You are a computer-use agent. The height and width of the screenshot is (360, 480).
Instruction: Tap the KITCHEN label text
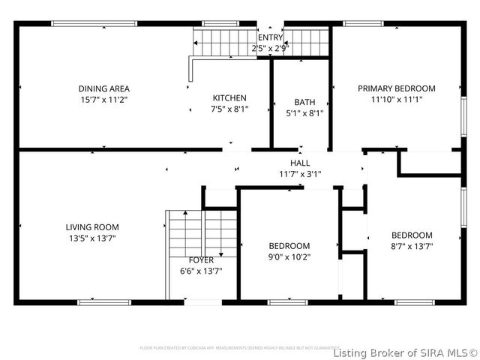click(x=229, y=98)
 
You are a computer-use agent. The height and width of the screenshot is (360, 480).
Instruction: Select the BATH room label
click(x=304, y=103)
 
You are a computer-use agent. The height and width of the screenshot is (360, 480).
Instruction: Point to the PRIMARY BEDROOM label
click(x=396, y=88)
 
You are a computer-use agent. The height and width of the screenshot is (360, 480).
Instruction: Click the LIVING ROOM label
click(x=92, y=227)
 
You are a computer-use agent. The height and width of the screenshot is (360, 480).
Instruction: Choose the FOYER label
click(x=201, y=260)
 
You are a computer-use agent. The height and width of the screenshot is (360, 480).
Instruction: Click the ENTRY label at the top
click(x=270, y=37)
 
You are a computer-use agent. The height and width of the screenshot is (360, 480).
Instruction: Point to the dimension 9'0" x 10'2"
click(x=289, y=256)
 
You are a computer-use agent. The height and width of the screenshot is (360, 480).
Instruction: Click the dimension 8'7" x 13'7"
click(x=412, y=245)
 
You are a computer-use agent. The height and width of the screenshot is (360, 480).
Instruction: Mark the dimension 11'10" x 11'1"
click(x=396, y=99)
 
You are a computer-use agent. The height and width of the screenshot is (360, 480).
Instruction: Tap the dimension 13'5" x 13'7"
click(x=92, y=238)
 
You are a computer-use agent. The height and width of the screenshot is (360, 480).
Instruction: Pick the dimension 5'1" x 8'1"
click(x=304, y=113)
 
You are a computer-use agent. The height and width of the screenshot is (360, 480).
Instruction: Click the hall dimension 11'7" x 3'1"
click(x=300, y=174)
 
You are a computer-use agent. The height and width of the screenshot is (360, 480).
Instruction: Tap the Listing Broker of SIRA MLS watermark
click(x=405, y=352)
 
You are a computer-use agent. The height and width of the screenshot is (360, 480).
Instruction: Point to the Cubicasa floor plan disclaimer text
click(x=234, y=348)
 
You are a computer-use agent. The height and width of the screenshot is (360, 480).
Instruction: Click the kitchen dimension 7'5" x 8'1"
click(x=229, y=109)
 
